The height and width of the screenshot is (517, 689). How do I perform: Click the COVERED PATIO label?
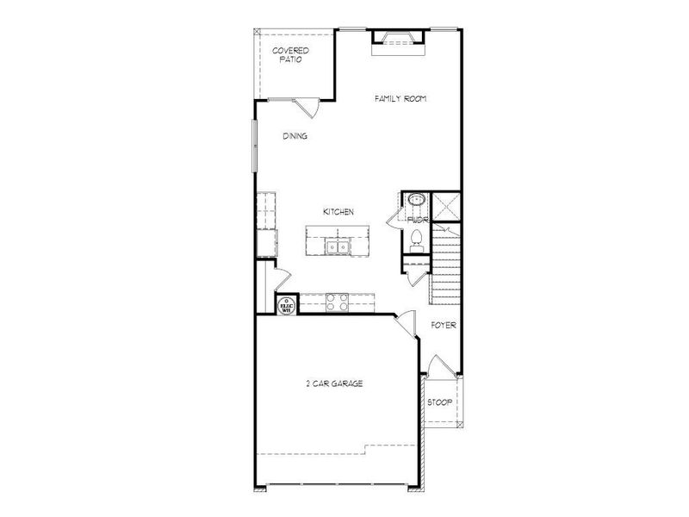(290, 55)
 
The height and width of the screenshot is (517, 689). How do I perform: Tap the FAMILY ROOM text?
(400, 99)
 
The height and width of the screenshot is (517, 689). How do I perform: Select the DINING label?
(295, 136)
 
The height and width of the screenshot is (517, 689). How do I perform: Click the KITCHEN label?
(338, 212)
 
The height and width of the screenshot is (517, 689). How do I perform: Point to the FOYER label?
(444, 326)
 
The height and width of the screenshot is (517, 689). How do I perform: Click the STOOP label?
(441, 402)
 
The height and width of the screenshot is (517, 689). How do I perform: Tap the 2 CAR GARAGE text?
(334, 383)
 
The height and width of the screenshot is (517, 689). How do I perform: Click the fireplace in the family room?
(398, 39)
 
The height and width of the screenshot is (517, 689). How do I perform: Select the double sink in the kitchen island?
(337, 247)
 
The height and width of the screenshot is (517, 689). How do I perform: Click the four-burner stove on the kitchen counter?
(337, 302)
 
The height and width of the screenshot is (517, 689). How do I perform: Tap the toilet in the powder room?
(417, 239)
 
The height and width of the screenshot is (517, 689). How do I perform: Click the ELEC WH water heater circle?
(285, 304)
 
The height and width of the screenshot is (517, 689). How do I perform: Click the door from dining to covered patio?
(303, 108)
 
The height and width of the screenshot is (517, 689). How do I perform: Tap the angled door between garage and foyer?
(403, 326)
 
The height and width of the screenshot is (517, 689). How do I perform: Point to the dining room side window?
(254, 145)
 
